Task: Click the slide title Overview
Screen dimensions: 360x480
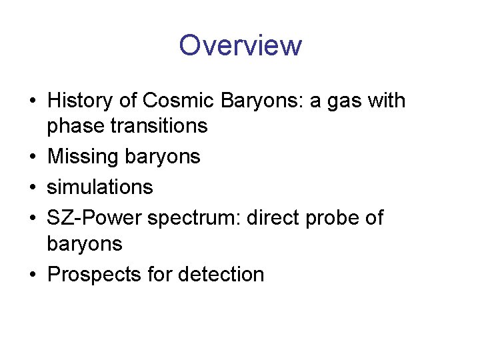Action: point(240,45)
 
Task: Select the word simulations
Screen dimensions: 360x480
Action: point(100,187)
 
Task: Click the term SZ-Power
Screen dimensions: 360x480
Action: point(94,218)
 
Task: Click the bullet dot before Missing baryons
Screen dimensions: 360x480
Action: point(33,157)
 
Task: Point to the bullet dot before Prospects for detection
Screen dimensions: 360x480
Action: point(33,275)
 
